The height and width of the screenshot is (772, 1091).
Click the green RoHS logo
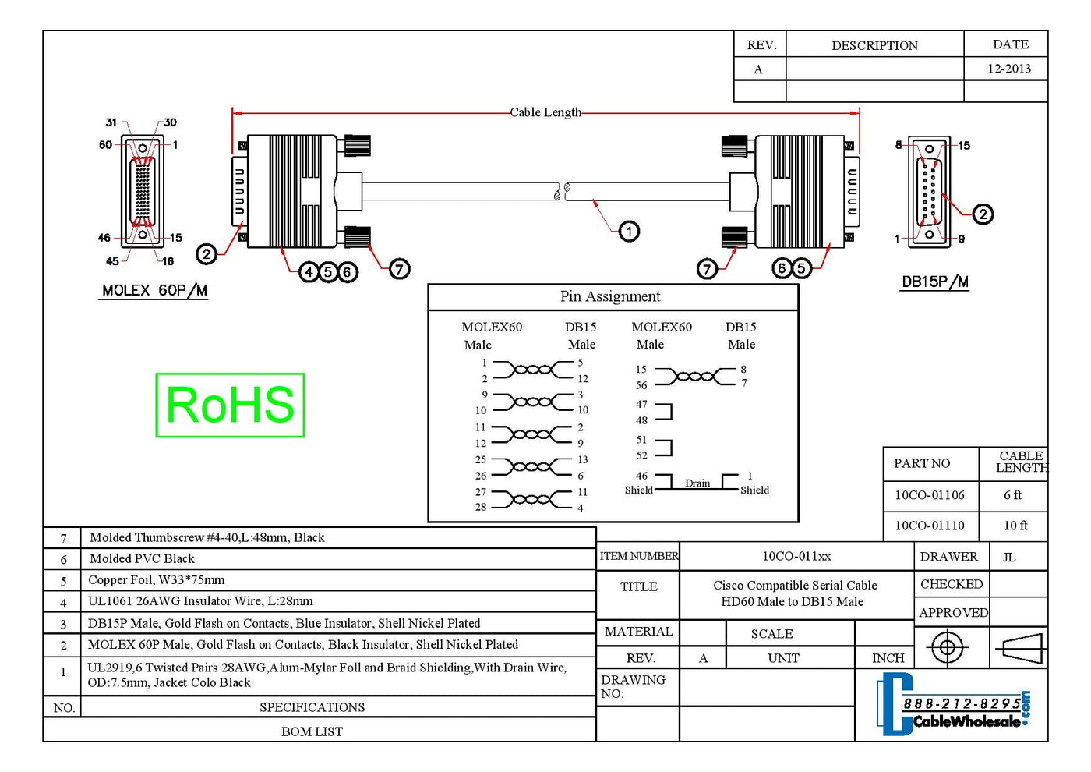(230, 405)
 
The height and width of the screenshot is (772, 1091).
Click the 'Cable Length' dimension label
(545, 112)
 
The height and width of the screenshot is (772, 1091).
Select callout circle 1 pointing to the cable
(629, 231)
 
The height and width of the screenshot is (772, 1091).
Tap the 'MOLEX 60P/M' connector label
(154, 290)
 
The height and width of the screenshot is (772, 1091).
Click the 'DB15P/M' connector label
(934, 282)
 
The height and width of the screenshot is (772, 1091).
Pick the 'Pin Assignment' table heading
(609, 296)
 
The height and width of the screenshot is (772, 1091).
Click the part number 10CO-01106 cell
(929, 495)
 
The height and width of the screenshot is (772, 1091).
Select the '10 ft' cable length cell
(1015, 526)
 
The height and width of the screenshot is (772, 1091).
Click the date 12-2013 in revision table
(1008, 69)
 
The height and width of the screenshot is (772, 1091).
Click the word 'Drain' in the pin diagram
(697, 483)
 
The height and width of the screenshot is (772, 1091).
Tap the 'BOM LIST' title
(312, 731)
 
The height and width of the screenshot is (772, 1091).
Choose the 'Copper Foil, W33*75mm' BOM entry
(156, 580)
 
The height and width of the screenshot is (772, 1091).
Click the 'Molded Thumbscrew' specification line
(207, 537)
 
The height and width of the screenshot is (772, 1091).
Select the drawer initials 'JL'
(1009, 558)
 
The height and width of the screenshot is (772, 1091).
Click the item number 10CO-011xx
(796, 556)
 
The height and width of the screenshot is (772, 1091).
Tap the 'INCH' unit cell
(888, 658)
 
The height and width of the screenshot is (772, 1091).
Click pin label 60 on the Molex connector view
(105, 145)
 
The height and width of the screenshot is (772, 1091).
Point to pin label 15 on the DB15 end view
(964, 146)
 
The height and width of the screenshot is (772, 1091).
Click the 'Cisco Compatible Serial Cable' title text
(795, 585)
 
